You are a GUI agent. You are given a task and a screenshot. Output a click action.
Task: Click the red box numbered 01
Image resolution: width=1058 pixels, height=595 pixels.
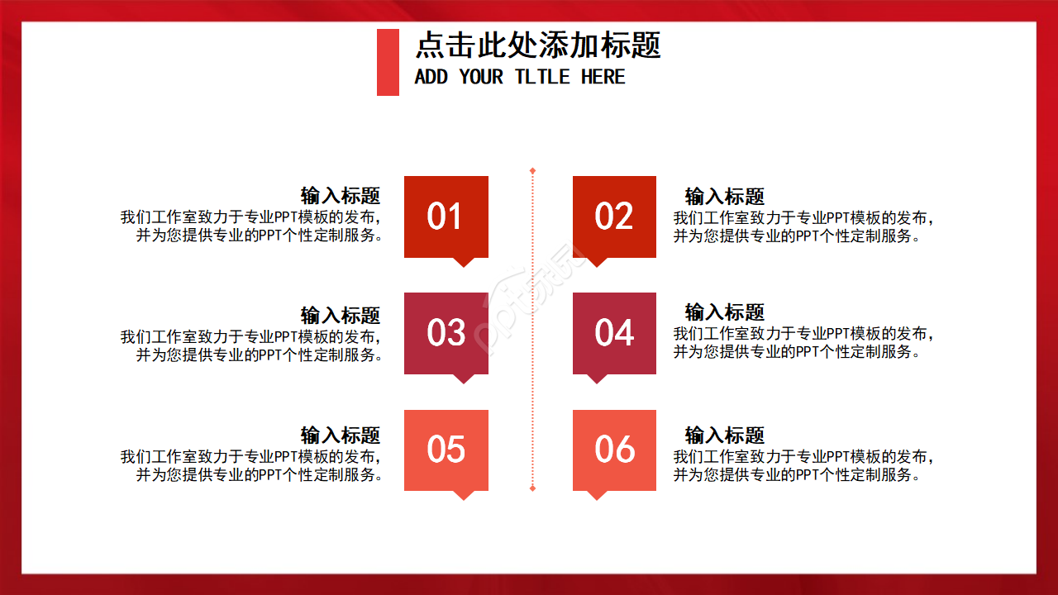446,217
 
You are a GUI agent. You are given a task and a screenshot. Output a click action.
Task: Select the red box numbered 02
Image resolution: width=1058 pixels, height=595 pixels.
614,217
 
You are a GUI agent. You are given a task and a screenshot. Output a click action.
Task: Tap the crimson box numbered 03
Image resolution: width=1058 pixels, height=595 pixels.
446,333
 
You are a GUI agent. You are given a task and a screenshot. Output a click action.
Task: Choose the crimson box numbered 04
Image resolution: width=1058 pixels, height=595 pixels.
614,333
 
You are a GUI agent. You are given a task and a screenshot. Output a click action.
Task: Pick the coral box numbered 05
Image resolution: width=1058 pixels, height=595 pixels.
446,450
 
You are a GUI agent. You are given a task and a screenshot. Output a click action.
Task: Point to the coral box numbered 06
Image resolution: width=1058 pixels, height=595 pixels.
614,450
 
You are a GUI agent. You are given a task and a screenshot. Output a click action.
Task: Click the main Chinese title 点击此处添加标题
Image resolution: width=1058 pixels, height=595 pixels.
538,45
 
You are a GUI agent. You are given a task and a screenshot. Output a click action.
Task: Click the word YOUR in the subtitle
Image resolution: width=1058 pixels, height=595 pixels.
481,77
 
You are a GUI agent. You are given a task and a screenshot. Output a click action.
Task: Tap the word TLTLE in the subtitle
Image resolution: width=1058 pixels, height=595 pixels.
542,77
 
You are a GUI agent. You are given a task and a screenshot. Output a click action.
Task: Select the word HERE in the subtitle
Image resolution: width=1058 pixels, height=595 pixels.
603,77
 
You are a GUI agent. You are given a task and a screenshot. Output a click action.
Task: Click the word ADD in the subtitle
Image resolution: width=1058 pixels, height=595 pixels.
431,77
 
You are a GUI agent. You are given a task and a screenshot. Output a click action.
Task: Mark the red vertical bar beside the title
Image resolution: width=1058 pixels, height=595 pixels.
388,62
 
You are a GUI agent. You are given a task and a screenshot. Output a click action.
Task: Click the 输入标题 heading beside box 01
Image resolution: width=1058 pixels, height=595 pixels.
341,196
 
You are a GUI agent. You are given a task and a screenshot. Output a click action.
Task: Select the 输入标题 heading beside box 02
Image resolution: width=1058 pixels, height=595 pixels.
725,197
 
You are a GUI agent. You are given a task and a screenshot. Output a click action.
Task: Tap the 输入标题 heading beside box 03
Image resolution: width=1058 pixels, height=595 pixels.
341,315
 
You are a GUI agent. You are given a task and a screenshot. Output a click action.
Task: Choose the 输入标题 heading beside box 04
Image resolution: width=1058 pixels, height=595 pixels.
725,312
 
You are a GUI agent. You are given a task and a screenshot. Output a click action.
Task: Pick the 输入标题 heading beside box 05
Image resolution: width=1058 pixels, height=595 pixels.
341,435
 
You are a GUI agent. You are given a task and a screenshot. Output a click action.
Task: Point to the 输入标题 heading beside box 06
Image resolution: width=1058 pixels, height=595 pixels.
725,435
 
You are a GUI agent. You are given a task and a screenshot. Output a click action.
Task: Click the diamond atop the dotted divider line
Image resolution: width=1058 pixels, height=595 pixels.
532,171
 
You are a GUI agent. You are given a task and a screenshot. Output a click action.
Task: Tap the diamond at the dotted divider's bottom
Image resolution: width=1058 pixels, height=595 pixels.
532,488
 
